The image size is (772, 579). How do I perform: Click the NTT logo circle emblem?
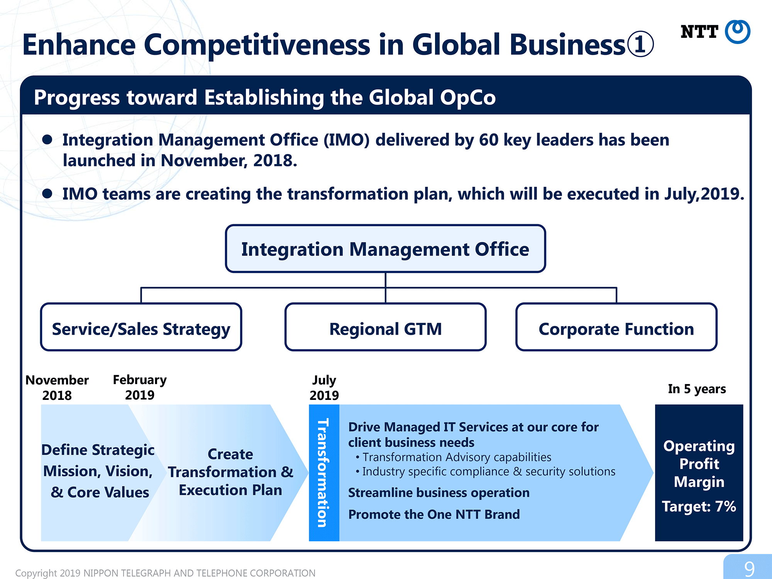tap(737, 31)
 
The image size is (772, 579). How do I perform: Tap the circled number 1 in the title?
tap(640, 44)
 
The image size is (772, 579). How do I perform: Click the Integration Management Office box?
tap(385, 249)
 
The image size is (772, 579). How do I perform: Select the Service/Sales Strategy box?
tap(141, 327)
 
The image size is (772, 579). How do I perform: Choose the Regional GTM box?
tap(385, 327)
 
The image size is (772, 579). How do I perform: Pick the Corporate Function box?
tap(616, 327)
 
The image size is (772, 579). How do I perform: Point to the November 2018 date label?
tap(57, 388)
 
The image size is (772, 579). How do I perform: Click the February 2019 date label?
tap(140, 387)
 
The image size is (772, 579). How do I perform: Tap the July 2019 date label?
tap(324, 388)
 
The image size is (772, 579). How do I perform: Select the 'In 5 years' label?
tap(697, 389)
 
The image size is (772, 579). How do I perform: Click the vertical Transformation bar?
tap(324, 472)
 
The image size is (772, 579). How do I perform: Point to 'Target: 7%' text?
tap(699, 506)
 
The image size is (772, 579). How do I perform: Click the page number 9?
tap(749, 569)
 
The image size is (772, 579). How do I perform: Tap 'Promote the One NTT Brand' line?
tap(434, 514)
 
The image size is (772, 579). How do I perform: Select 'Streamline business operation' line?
tap(439, 493)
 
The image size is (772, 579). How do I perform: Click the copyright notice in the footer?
tap(165, 573)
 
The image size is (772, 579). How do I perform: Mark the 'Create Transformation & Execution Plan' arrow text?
tap(230, 472)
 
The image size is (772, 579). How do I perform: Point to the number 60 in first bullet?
tap(489, 140)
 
